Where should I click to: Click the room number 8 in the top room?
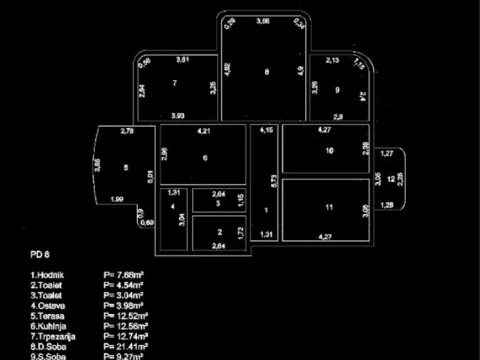tap(266, 72)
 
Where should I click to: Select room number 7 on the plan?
tap(174, 83)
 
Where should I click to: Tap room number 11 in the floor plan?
tap(328, 207)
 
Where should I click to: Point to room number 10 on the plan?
tap(329, 151)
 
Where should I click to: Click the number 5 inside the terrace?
tap(126, 168)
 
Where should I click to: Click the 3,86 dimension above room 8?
tap(263, 21)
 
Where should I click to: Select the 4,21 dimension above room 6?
tap(203, 131)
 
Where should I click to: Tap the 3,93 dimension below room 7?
tap(177, 116)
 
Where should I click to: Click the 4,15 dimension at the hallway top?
tap(266, 131)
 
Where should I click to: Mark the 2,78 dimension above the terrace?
tap(127, 131)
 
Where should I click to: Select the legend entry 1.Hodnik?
tap(48, 274)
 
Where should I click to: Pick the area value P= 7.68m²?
tap(123, 274)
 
